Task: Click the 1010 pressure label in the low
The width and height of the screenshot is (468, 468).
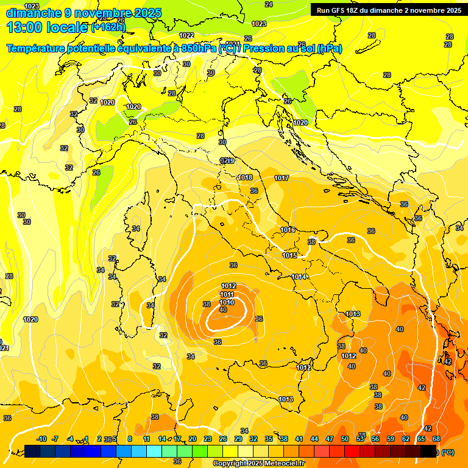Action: [227, 302]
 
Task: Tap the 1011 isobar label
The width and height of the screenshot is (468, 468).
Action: [227, 294]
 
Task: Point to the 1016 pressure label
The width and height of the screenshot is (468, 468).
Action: [288, 230]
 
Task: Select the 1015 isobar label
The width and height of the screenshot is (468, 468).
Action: [290, 255]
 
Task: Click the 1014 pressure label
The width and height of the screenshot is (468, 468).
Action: [299, 277]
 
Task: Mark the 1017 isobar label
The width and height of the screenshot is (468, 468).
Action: [281, 178]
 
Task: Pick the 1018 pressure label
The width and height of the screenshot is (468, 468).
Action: [245, 177]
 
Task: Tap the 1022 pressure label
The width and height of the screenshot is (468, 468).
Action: [186, 35]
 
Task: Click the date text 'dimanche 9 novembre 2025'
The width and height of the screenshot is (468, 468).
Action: [83, 13]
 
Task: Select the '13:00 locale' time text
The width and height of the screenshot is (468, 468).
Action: [47, 27]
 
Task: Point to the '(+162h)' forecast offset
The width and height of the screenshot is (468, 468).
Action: [108, 27]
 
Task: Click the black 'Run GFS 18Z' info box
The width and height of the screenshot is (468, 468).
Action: [388, 10]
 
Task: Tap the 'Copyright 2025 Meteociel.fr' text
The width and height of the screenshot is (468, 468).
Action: [258, 463]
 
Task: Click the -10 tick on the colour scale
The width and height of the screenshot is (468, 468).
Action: [41, 439]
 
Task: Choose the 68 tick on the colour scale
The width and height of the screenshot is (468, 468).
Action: [436, 439]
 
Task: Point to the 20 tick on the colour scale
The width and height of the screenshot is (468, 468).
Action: [192, 439]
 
